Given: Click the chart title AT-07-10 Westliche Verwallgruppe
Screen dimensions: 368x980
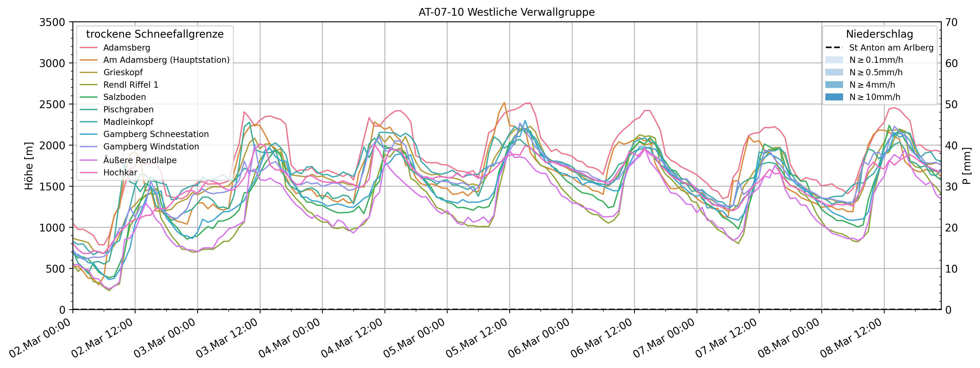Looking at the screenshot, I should [506, 12].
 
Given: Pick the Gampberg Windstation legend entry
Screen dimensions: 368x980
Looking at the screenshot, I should [151, 147].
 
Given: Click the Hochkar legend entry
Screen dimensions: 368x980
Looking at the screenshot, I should [120, 172].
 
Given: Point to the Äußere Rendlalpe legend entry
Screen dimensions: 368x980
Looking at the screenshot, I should [140, 160].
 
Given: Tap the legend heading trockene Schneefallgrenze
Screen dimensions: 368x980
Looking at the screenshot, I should [155, 34].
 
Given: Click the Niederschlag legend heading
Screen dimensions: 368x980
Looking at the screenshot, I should [879, 34].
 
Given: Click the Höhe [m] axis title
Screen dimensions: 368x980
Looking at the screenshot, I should [29, 166].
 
